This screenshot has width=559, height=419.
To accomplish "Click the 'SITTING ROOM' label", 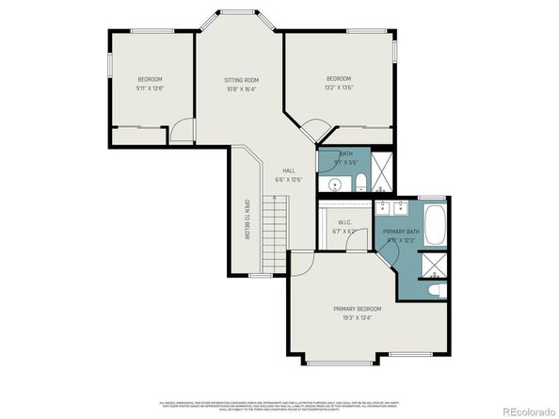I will point(240,80).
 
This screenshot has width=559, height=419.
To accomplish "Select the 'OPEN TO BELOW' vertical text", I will point(247,220).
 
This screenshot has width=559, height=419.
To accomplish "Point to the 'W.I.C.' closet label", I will point(343,223).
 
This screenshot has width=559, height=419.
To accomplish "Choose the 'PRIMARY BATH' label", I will point(400,231).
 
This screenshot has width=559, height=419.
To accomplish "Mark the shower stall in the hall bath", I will point(382,169).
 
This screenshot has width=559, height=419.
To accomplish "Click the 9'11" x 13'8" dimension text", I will point(151,88).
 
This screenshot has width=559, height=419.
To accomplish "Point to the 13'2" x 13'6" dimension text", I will point(339,88).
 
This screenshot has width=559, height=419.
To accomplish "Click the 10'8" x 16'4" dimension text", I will point(240,89).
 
